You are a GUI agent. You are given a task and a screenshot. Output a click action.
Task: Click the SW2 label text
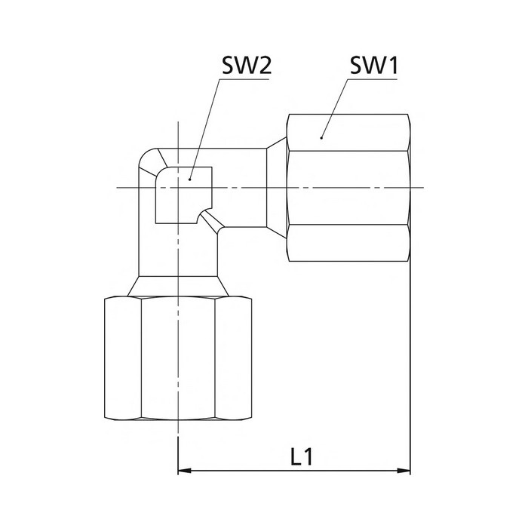click(x=247, y=66)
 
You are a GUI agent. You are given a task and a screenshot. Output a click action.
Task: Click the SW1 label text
click(x=374, y=66)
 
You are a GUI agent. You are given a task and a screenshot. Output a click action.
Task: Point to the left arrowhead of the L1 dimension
click(x=184, y=471)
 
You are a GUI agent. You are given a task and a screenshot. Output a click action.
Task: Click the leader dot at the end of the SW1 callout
click(x=321, y=138)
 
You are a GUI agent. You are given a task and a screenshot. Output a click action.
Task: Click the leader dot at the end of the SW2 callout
click(x=190, y=180)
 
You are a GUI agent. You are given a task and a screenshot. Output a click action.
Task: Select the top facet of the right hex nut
click(x=348, y=133)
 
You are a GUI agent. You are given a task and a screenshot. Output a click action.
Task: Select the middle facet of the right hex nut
click(x=348, y=188)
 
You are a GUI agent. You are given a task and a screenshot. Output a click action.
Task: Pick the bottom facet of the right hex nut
click(x=348, y=243)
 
